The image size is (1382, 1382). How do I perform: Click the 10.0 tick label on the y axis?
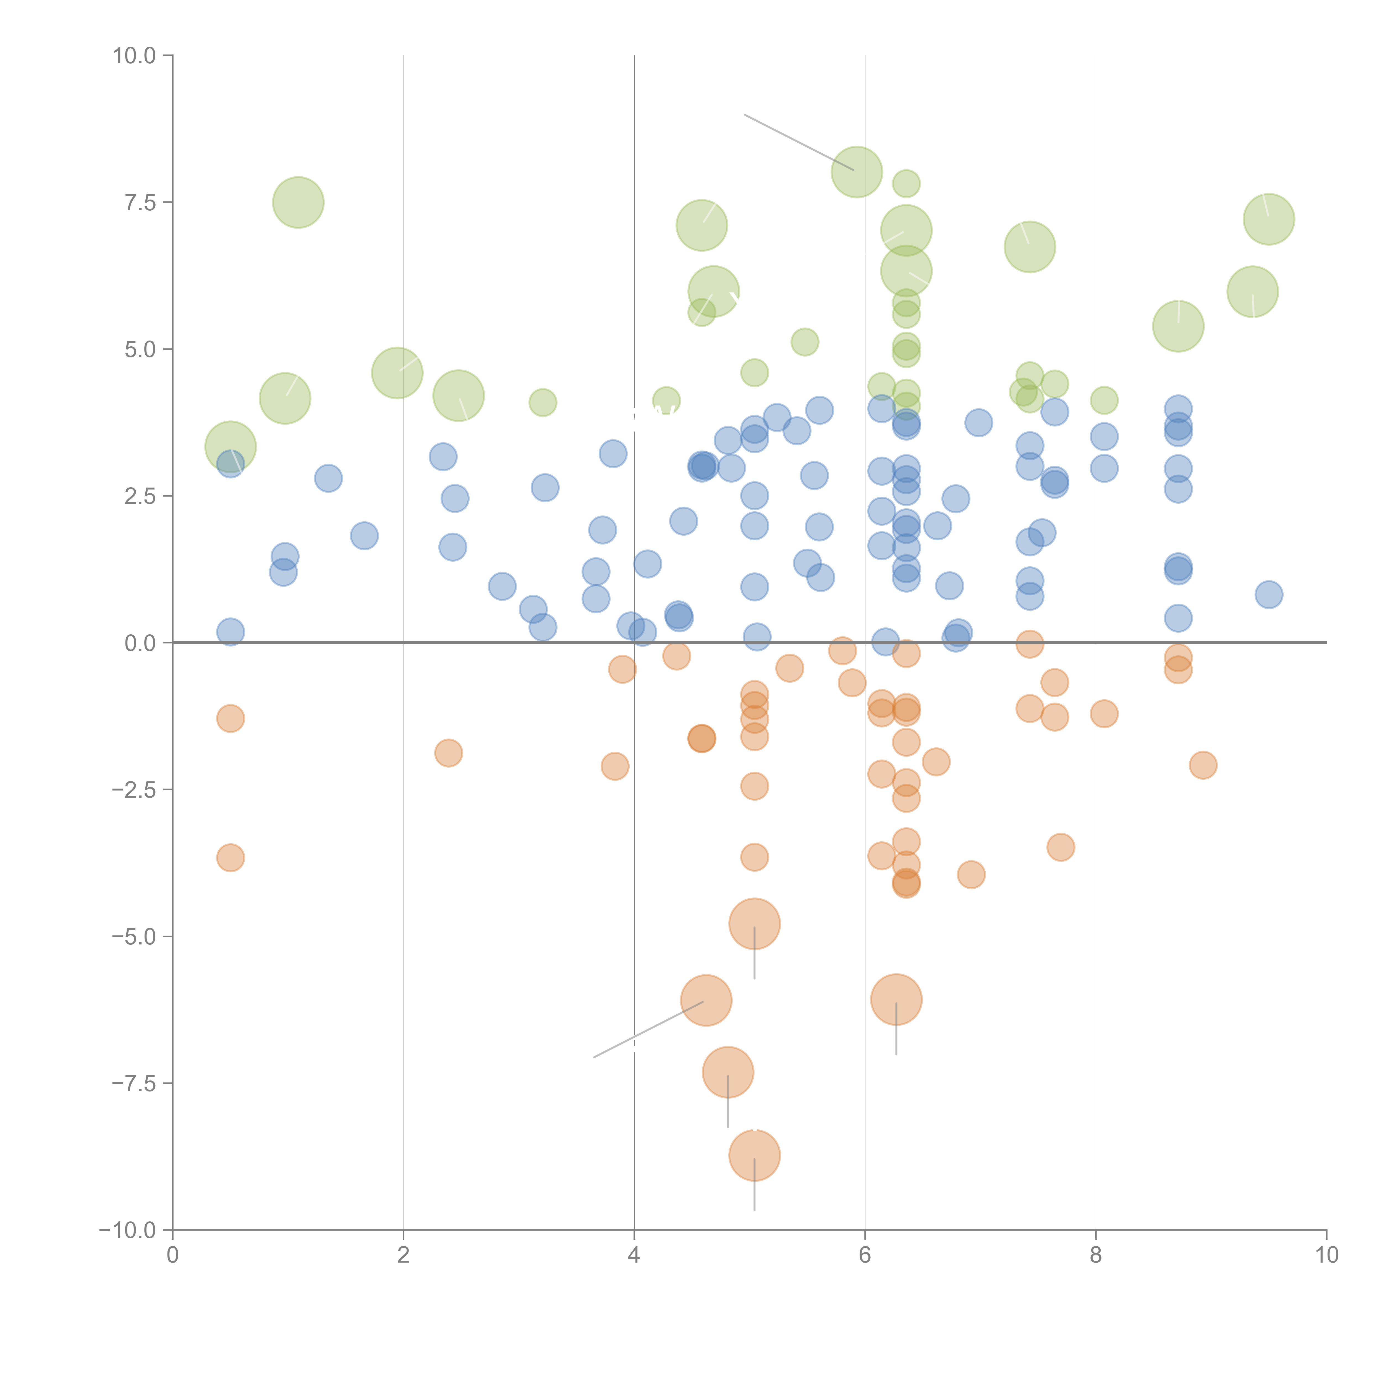135,56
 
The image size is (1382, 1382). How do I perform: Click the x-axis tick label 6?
865,1255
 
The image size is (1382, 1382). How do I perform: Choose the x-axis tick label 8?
1096,1255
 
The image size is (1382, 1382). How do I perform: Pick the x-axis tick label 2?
404,1255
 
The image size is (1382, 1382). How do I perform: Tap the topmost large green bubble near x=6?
856,172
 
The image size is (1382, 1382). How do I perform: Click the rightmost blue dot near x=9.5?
1268,595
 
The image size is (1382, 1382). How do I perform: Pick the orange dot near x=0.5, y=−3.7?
230,858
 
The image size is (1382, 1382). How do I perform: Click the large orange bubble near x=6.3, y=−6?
896,999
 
